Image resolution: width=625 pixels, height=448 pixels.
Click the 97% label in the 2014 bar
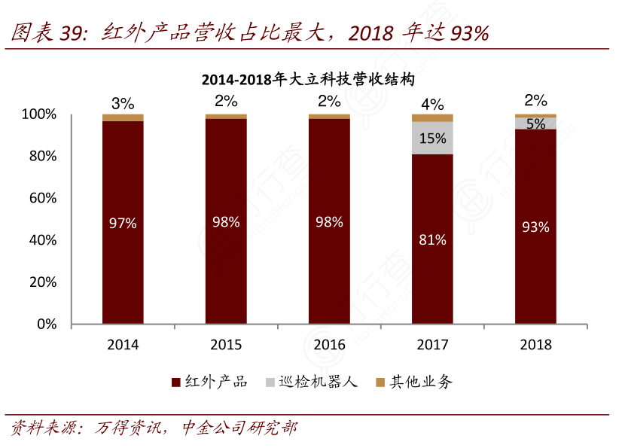point(123,223)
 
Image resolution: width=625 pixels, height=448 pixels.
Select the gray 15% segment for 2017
point(432,139)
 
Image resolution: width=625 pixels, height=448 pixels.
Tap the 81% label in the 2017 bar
point(432,239)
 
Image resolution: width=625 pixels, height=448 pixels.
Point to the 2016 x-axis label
point(329,345)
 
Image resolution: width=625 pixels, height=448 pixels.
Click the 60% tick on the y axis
point(42,198)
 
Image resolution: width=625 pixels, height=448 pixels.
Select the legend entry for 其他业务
point(414,382)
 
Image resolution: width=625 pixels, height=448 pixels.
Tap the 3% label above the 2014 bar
point(123,103)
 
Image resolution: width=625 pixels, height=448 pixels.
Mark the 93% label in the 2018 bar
point(535,227)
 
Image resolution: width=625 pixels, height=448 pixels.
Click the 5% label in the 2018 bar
point(535,123)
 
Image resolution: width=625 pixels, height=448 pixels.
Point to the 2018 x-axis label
point(535,345)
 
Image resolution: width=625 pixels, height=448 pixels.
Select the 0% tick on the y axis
point(47,325)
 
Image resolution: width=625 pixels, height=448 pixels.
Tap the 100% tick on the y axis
point(39,114)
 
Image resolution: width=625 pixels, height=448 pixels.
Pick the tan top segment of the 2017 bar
point(432,117)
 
